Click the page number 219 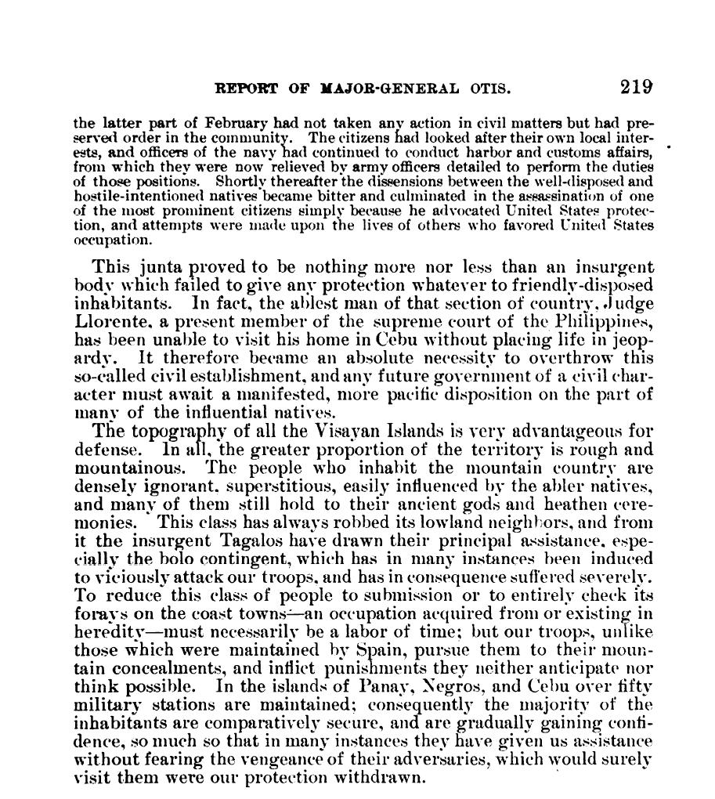coord(637,87)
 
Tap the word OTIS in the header coord(490,89)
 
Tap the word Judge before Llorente coord(629,303)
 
